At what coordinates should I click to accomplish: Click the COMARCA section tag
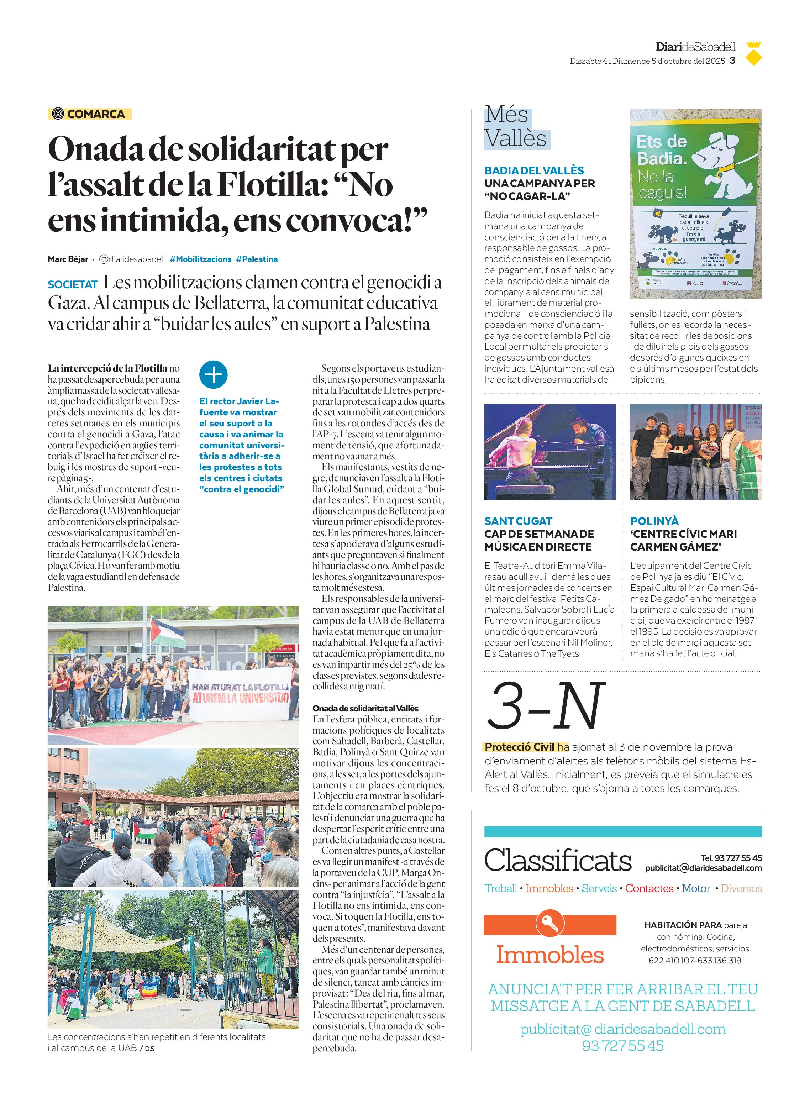[x=90, y=114]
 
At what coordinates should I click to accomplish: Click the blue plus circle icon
[x=213, y=375]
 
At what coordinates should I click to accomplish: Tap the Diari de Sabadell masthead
[x=695, y=47]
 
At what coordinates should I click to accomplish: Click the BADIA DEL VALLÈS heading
[x=533, y=170]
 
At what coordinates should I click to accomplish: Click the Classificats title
[x=557, y=861]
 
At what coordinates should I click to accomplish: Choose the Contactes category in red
[x=649, y=888]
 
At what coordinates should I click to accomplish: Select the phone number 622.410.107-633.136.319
[x=695, y=960]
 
